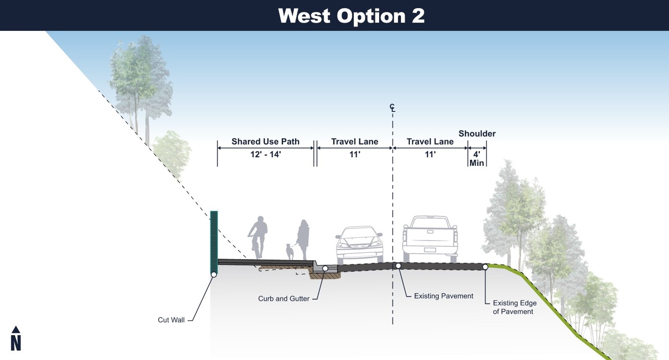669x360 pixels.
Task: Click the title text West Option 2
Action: pos(351,16)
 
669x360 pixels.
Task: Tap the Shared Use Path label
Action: pos(265,141)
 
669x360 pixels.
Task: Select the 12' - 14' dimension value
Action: pos(265,154)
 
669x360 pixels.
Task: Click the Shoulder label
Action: pos(477,134)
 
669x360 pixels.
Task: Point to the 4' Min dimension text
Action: pos(477,159)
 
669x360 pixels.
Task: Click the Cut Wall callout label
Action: pos(171,320)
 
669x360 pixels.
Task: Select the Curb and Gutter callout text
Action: pos(284,298)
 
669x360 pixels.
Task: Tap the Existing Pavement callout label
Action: pos(444,296)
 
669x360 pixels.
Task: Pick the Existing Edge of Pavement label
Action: pos(514,307)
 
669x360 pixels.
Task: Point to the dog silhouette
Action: pos(289,251)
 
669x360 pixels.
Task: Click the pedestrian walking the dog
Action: pos(303,239)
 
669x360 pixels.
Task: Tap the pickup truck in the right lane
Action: pos(430,239)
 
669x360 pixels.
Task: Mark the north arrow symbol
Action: pos(16,338)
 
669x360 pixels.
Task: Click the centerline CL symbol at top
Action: pos(393,108)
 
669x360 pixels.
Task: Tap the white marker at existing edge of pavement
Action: pos(485,267)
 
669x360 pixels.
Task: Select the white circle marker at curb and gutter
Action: pos(325,269)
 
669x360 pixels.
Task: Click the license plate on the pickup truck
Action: pos(430,249)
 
